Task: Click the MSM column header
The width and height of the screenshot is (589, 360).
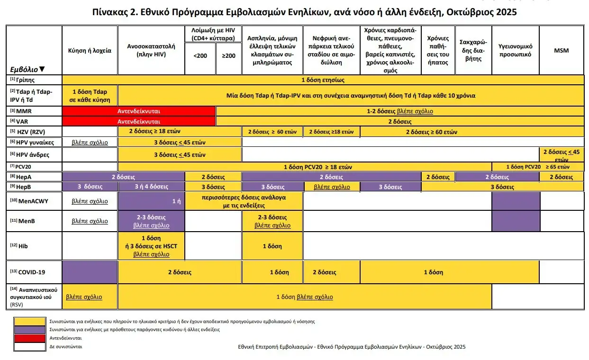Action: tap(562, 51)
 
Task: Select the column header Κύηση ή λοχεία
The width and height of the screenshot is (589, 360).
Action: tap(90, 51)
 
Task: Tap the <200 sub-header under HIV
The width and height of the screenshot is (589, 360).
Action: tap(200, 56)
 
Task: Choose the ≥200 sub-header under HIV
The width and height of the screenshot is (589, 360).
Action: tap(228, 56)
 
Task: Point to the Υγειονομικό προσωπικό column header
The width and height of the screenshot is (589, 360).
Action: tap(516, 50)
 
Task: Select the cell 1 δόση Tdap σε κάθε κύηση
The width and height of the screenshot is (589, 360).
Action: tap(90, 95)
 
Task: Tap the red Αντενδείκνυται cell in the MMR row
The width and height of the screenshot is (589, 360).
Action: tap(138, 111)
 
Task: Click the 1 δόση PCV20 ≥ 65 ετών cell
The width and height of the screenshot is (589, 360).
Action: tap(538, 167)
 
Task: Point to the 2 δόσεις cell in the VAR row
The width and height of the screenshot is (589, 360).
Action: tap(399, 121)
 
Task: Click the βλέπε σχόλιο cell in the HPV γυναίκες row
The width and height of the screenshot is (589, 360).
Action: tap(90, 142)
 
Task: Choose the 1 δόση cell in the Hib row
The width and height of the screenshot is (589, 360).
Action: tap(272, 246)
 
